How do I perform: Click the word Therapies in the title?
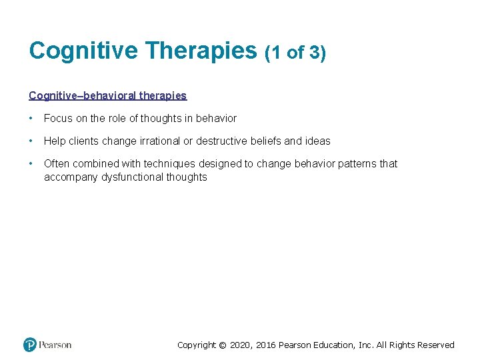201,51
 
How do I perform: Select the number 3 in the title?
314,53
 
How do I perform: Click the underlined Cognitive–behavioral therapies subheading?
108,95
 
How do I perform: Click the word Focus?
58,118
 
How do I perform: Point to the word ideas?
317,141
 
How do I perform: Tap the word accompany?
69,177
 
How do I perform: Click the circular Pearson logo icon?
30,345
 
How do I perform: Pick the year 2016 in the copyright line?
265,345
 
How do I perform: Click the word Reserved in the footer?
435,345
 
